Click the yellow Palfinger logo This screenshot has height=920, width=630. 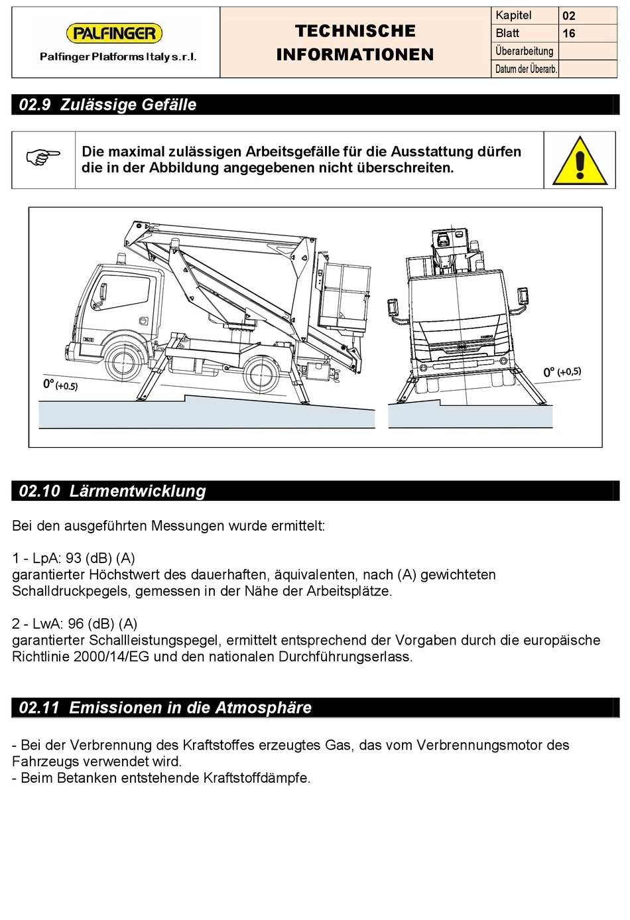pyautogui.click(x=114, y=33)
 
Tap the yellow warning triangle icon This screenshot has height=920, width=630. pyautogui.click(x=580, y=161)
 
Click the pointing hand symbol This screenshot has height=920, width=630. pyautogui.click(x=43, y=157)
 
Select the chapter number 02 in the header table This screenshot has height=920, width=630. pyautogui.click(x=569, y=16)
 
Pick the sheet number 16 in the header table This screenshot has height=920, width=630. pyautogui.click(x=569, y=34)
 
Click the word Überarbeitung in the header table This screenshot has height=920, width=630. pyautogui.click(x=524, y=51)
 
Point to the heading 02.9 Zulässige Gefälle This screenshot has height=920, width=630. pyautogui.click(x=108, y=105)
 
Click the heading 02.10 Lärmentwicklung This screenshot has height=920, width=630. pyautogui.click(x=113, y=491)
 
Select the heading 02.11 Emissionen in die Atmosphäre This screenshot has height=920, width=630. pyautogui.click(x=165, y=708)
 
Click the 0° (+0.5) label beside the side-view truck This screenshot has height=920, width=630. pyautogui.click(x=60, y=385)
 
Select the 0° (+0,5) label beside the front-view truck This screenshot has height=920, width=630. pyautogui.click(x=562, y=372)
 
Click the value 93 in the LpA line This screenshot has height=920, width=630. pyautogui.click(x=74, y=559)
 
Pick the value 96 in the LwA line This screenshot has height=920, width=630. pyautogui.click(x=76, y=624)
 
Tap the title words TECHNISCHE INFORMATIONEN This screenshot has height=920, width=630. pyautogui.click(x=355, y=42)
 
